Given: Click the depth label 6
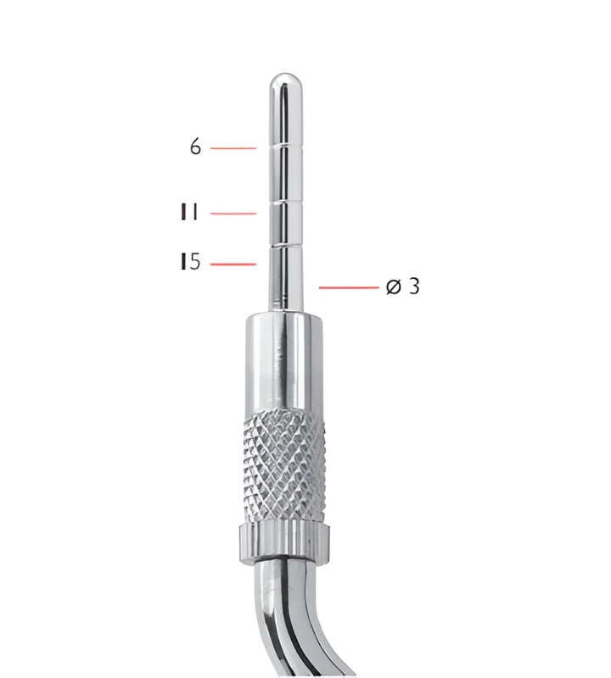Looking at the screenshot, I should [196, 147].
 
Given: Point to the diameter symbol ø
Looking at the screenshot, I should [393, 287].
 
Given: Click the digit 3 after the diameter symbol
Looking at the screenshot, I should [413, 287].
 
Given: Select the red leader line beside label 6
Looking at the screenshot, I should [233, 148].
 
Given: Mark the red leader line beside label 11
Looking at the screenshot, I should [233, 214].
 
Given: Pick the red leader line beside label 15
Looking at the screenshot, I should [233, 264].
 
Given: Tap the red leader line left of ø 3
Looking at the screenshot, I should [348, 288].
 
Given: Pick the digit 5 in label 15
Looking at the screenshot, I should [194, 263].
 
